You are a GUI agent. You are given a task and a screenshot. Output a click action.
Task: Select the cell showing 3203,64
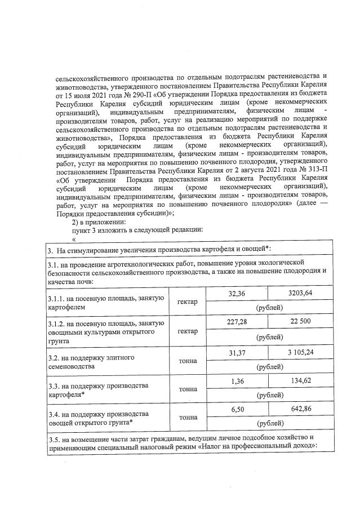tap(300, 294)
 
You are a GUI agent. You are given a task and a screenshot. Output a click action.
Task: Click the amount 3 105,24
tap(300, 353)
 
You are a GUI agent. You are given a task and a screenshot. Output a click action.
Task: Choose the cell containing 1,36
tap(237, 380)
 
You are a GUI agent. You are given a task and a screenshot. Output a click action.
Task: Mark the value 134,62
tap(300, 380)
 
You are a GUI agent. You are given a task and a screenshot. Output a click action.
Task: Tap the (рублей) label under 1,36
tap(269, 395)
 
